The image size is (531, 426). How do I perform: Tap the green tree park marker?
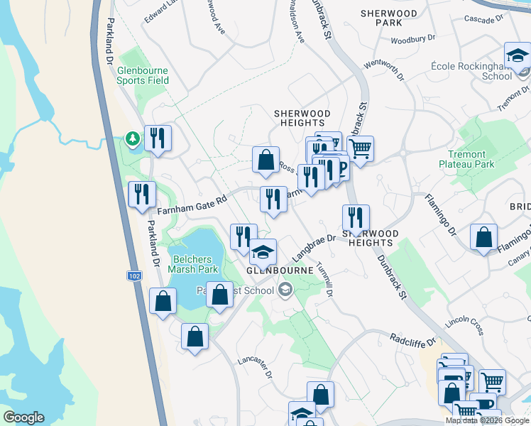click(x=131, y=137)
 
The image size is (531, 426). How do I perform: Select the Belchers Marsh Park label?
click(x=193, y=263)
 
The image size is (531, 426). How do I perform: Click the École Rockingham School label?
click(x=471, y=70)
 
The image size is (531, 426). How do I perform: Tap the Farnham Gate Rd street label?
click(x=192, y=204)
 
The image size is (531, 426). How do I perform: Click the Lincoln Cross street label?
click(x=464, y=326)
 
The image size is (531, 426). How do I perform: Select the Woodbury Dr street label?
click(x=407, y=40)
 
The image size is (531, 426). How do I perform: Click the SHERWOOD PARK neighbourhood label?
click(x=389, y=18)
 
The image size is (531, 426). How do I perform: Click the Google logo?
click(x=23, y=417)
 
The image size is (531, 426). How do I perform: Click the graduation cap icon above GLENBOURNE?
click(x=263, y=251)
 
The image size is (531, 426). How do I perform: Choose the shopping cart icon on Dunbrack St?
click(x=361, y=148)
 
